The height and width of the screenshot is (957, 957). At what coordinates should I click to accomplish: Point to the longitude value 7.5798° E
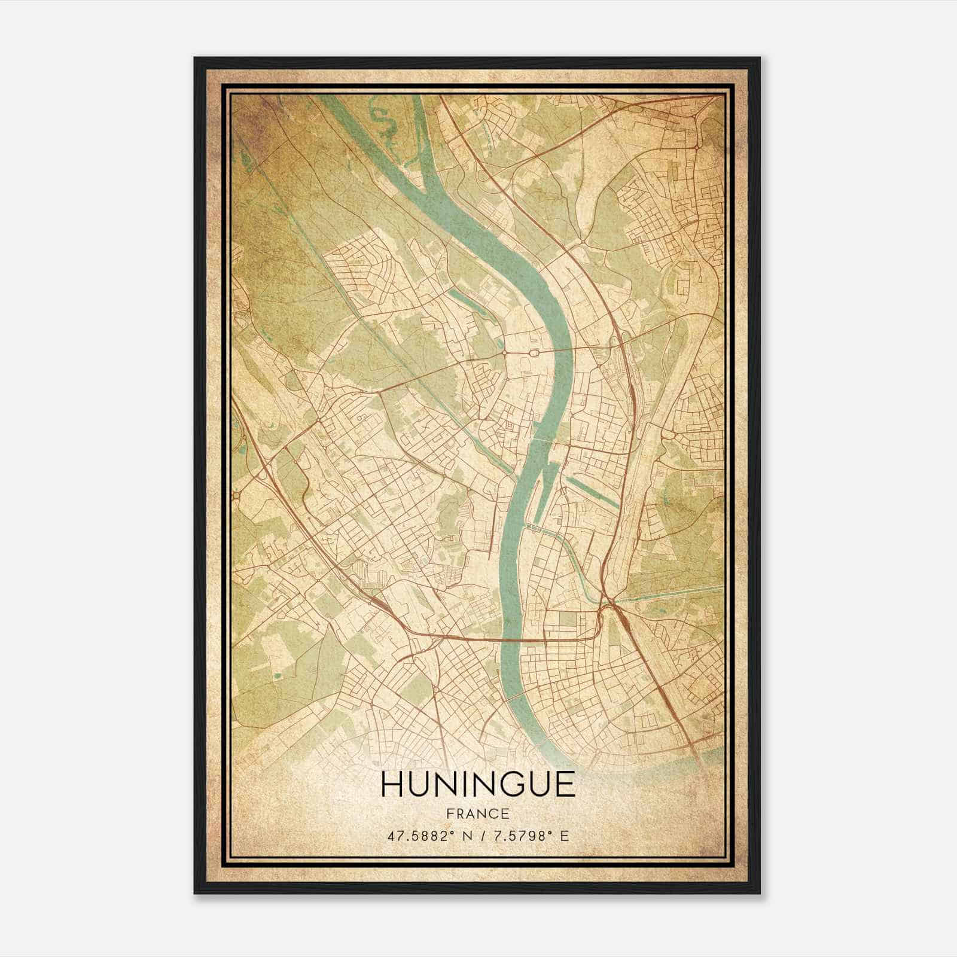click(x=529, y=836)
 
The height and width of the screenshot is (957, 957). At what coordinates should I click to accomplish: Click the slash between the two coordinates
click(x=477, y=836)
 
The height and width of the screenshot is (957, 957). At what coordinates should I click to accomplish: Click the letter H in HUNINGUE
click(x=390, y=785)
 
